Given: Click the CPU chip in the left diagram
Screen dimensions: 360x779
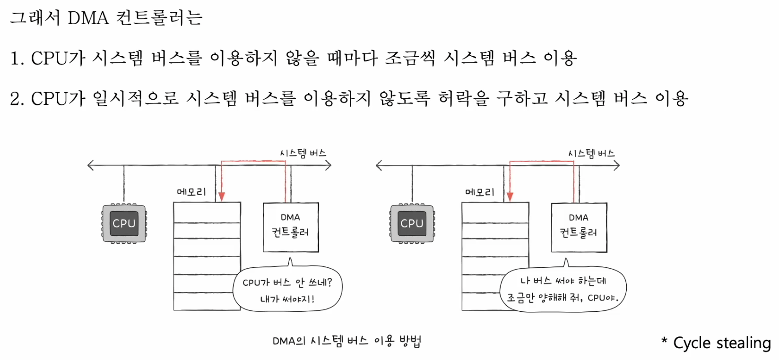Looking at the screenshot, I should [x=124, y=223].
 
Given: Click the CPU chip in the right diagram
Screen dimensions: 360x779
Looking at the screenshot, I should [x=412, y=223].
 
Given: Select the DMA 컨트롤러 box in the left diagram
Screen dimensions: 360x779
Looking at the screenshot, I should [x=290, y=227].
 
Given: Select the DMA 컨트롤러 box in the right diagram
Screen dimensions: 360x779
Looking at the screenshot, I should [x=579, y=227].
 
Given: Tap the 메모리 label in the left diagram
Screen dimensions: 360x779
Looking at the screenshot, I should [x=191, y=192].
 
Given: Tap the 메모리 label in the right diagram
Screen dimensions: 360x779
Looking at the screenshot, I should [x=479, y=192].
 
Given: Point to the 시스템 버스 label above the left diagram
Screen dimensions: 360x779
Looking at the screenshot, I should [x=303, y=153].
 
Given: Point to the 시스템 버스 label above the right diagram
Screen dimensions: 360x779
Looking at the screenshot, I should [x=591, y=153].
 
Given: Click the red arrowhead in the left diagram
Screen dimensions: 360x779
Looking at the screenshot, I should [x=221, y=196].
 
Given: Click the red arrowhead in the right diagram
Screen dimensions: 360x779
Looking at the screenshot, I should [x=510, y=196].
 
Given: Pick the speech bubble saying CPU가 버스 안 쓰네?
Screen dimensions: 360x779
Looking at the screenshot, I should [x=287, y=290].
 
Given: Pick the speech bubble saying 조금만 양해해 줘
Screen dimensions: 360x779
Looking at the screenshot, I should [x=563, y=289].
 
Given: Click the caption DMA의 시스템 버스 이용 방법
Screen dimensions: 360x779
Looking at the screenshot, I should [x=346, y=341].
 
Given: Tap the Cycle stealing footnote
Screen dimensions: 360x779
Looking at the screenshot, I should [x=716, y=343].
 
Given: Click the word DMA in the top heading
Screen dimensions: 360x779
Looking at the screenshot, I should [x=88, y=18].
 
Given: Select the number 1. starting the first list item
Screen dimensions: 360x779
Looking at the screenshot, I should [x=17, y=59].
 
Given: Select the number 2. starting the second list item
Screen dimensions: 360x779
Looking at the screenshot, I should [x=17, y=99].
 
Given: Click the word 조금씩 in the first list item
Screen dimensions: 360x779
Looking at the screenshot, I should [x=409, y=58].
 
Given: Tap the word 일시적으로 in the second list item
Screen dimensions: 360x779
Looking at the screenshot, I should [x=136, y=98].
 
